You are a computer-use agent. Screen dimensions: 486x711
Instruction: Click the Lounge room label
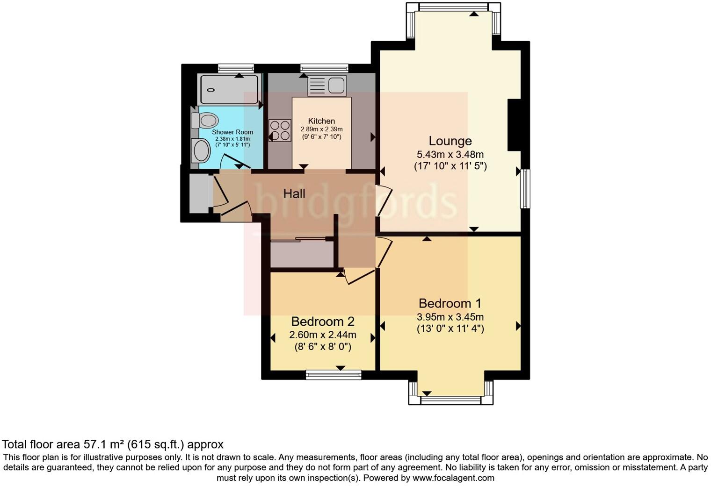pyautogui.click(x=450, y=141)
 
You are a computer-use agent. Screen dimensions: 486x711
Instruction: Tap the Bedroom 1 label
pyautogui.click(x=450, y=303)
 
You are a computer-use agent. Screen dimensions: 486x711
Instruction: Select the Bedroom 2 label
pyautogui.click(x=323, y=322)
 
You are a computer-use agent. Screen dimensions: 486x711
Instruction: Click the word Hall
pyautogui.click(x=294, y=193)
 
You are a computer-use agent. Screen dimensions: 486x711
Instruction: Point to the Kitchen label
pyautogui.click(x=321, y=121)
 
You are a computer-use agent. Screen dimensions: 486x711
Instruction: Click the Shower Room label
pyautogui.click(x=232, y=132)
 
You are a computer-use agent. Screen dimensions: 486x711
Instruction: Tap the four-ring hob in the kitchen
pyautogui.click(x=280, y=130)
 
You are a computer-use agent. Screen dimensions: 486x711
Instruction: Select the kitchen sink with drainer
pyautogui.click(x=327, y=86)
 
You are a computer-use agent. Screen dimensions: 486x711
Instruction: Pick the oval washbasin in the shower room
pyautogui.click(x=201, y=151)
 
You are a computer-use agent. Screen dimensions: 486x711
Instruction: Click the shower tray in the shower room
pyautogui.click(x=229, y=89)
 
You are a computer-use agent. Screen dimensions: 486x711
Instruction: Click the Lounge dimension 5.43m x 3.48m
pyautogui.click(x=450, y=154)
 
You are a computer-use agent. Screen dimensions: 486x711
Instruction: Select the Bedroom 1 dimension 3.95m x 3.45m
pyautogui.click(x=450, y=317)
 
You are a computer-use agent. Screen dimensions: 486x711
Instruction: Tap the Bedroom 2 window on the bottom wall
pyautogui.click(x=334, y=374)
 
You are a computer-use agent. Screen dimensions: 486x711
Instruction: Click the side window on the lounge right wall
pyautogui.click(x=526, y=188)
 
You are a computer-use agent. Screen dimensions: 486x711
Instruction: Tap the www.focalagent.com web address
pyautogui.click(x=453, y=478)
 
